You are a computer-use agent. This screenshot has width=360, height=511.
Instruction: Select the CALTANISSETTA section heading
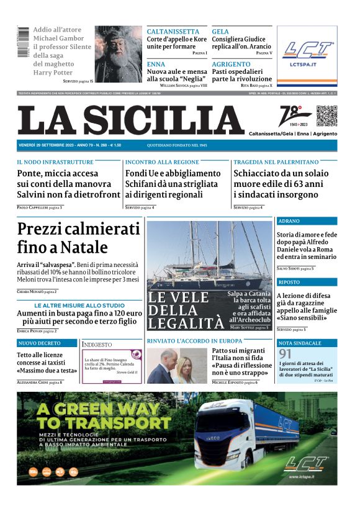click(173, 32)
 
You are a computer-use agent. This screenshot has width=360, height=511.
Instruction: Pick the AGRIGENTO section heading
click(230, 65)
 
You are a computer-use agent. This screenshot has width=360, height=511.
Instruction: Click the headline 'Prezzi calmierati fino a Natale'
click(79, 238)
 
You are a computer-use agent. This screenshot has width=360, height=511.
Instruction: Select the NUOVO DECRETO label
click(39, 343)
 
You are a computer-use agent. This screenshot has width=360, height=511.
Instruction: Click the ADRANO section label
click(289, 221)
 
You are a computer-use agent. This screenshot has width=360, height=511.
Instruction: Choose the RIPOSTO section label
click(289, 282)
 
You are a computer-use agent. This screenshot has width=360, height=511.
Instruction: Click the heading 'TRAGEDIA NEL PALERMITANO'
click(276, 162)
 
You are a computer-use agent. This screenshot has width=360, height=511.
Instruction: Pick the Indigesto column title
click(97, 344)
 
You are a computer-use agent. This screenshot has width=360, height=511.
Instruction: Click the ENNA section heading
click(157, 65)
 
